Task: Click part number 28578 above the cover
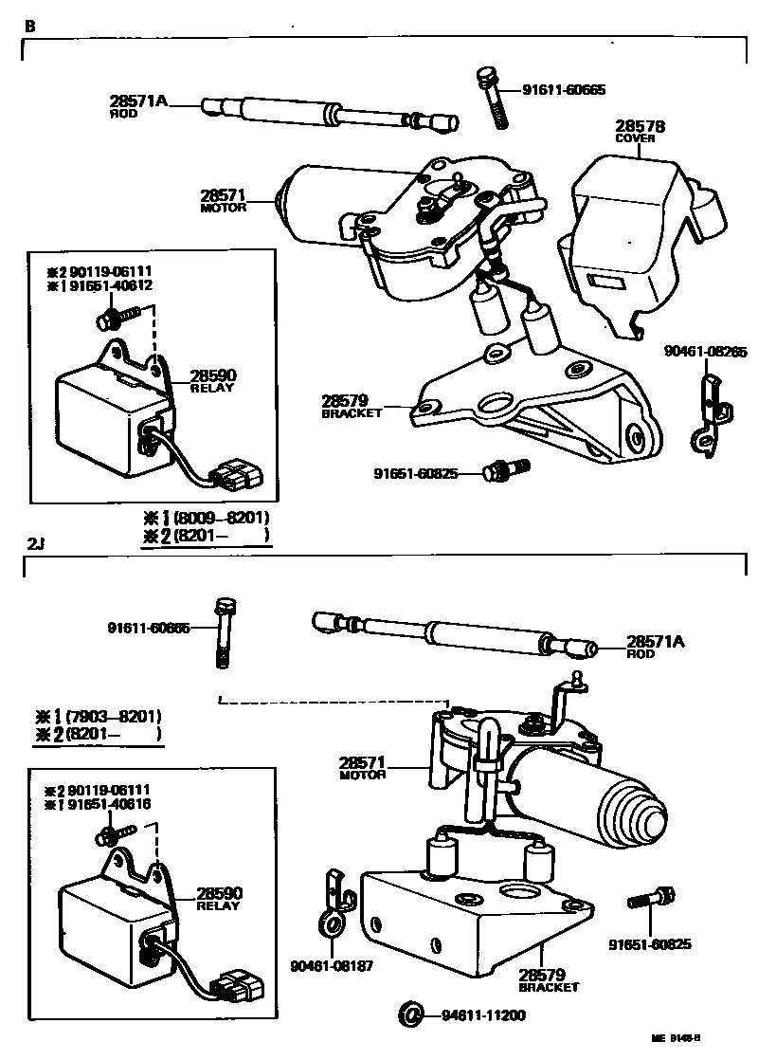coord(640,126)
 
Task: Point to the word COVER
coord(636,138)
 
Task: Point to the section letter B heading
coord(29,26)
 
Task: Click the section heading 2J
coord(35,544)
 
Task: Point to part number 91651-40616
coord(109,804)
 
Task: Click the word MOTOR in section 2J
coord(362,775)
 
